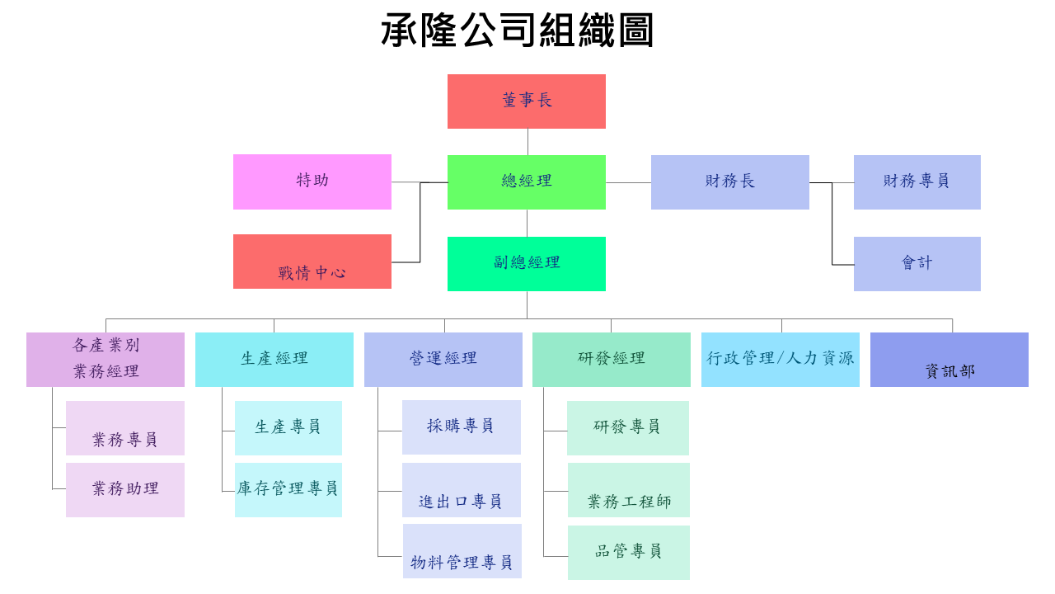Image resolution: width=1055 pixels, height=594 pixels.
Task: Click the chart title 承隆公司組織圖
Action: (x=518, y=31)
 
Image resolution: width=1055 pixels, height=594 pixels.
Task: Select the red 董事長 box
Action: (x=526, y=101)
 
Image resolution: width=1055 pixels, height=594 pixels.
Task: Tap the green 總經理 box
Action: (x=526, y=181)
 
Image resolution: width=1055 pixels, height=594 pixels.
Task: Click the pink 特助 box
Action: (x=312, y=181)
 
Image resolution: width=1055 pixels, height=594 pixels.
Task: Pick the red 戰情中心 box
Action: (x=312, y=262)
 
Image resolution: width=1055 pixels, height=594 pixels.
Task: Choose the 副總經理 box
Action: (x=526, y=263)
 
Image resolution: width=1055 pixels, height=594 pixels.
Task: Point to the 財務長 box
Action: (x=729, y=181)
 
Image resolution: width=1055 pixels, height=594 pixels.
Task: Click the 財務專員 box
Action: (x=917, y=181)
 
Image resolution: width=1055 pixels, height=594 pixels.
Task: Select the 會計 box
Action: (x=917, y=263)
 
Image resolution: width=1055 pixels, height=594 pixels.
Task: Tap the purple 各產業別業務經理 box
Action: (x=105, y=359)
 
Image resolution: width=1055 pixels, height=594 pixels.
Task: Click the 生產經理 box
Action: (x=274, y=359)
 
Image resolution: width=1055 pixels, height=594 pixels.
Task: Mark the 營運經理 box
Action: (x=443, y=359)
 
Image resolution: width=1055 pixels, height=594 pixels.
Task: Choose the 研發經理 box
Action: (x=611, y=359)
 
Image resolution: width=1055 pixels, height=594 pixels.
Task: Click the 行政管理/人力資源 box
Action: (x=780, y=359)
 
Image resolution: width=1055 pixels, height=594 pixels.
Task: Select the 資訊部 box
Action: (x=949, y=359)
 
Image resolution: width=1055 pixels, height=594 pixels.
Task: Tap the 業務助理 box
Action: (x=125, y=489)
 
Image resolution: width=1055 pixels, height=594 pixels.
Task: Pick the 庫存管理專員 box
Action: (x=288, y=489)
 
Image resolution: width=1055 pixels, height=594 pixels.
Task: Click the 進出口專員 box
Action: (x=461, y=489)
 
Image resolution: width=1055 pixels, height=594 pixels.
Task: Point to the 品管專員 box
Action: (x=628, y=552)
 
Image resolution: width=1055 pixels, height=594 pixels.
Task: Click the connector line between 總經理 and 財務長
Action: (x=628, y=182)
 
